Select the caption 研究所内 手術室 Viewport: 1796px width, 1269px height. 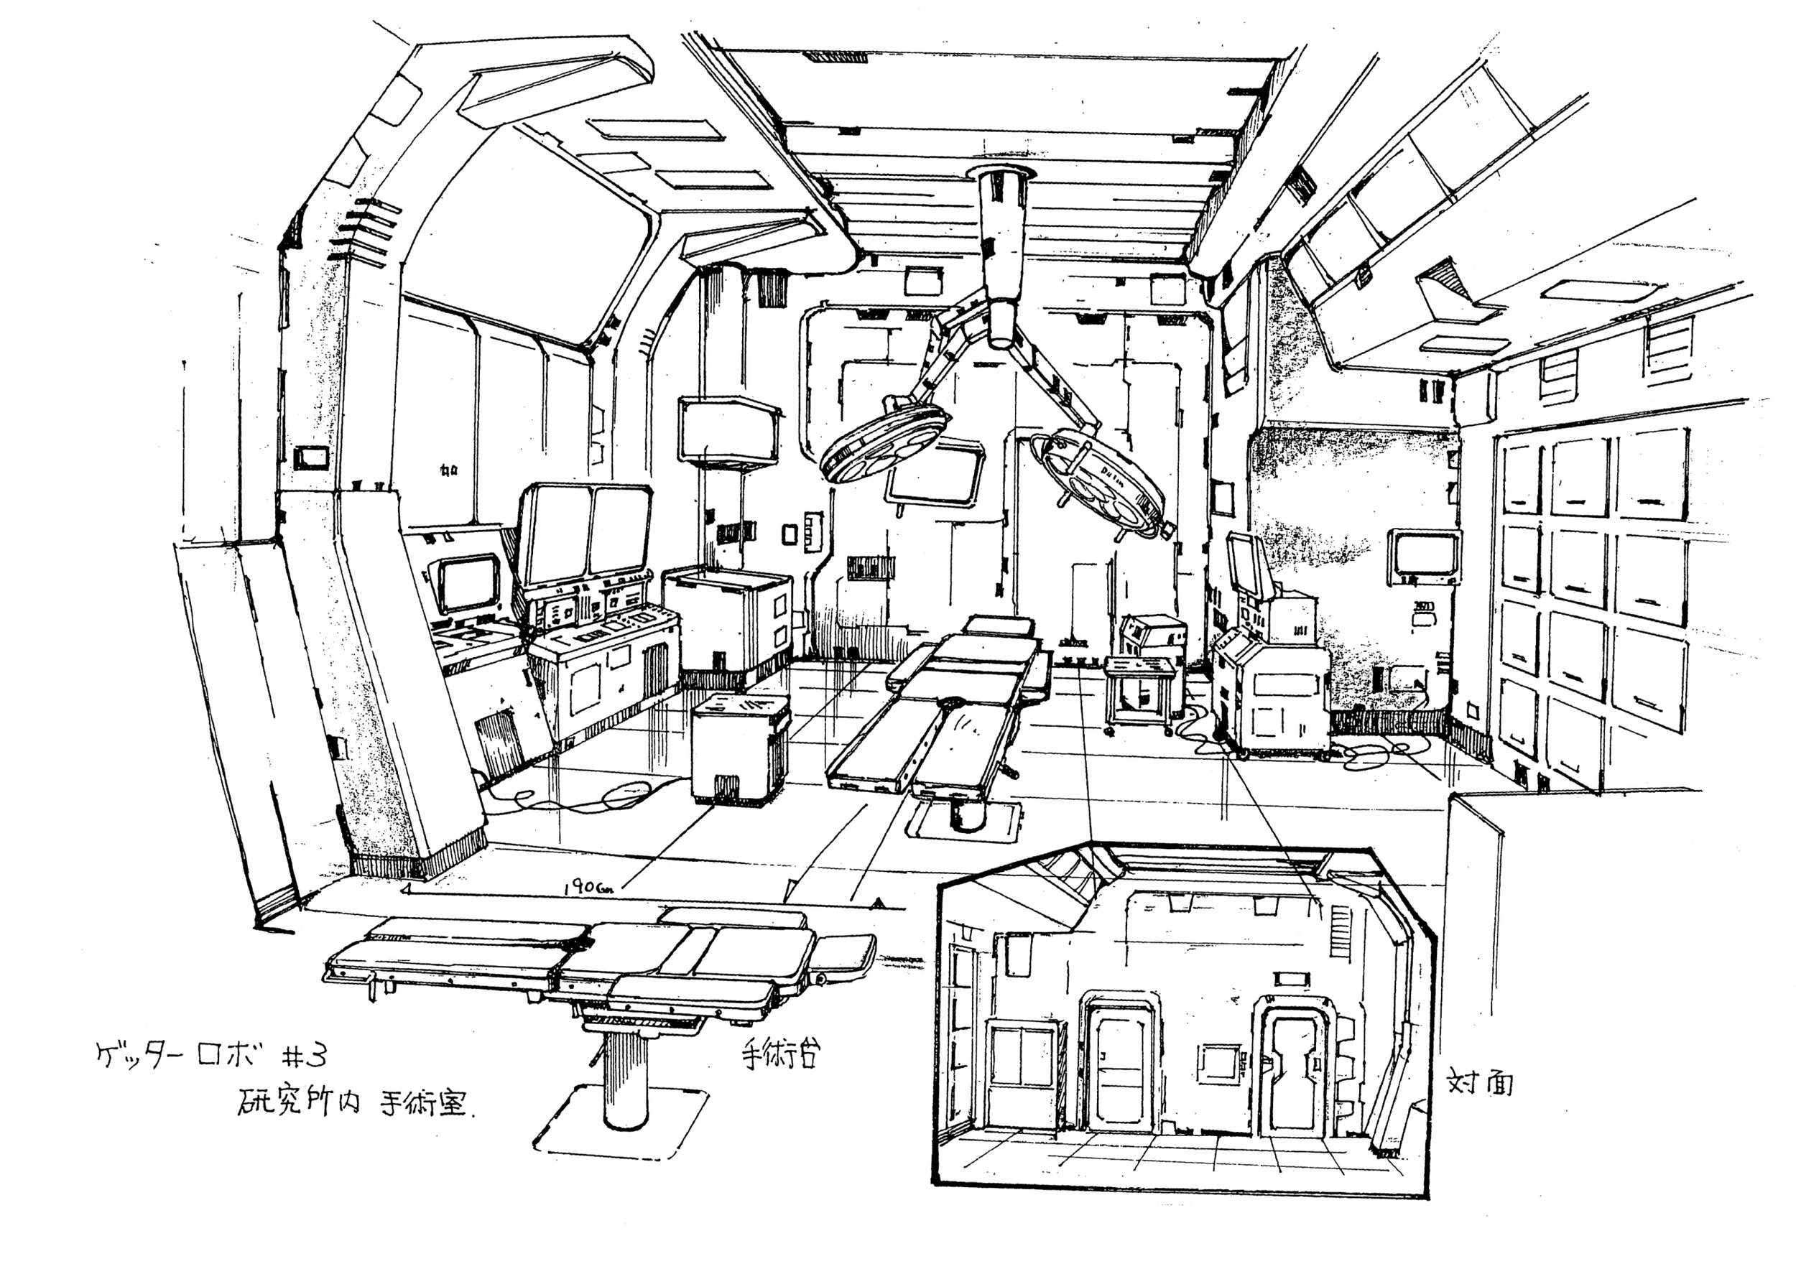[352, 1103]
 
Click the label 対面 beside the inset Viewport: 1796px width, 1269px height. [1479, 1084]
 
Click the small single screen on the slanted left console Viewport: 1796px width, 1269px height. [468, 582]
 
